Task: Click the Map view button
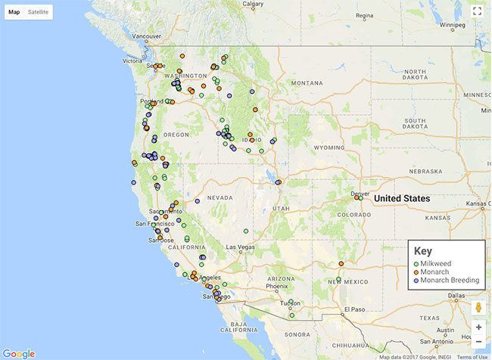14,12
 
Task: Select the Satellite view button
38,12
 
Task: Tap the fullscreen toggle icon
477,11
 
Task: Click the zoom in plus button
478,327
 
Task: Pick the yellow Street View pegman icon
478,308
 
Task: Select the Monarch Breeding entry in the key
450,280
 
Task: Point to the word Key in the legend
422,250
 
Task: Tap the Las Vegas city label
241,247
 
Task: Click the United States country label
402,198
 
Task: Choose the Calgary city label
252,4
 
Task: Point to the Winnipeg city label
452,24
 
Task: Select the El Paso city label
354,309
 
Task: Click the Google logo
19,353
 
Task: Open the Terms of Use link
472,357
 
